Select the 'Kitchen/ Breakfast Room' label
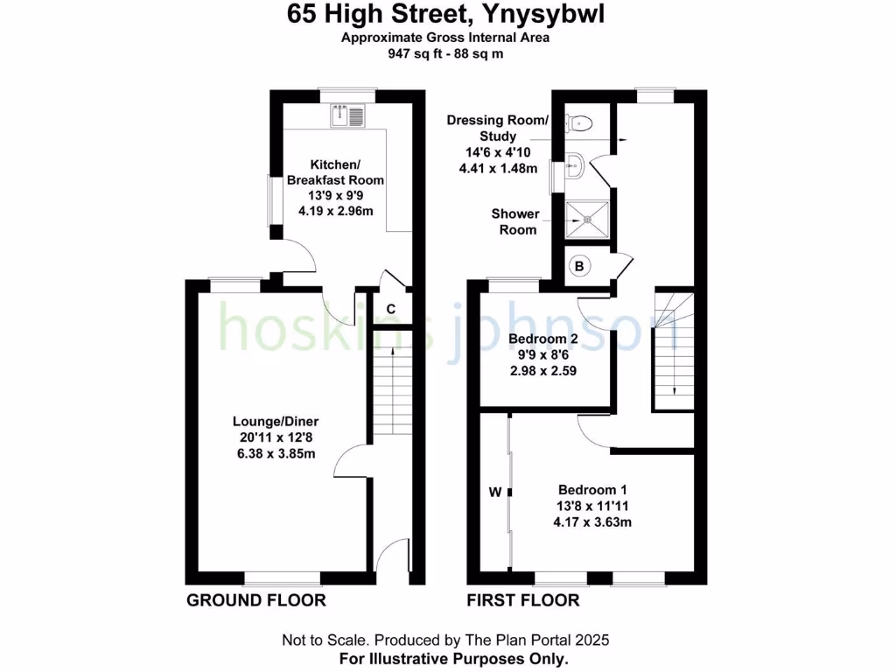click(x=335, y=172)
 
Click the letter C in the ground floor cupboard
click(x=390, y=308)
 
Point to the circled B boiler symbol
click(x=578, y=265)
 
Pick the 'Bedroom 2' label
click(x=542, y=339)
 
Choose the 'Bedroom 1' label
click(x=591, y=490)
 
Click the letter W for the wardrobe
click(x=494, y=493)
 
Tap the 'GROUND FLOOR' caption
click(x=255, y=600)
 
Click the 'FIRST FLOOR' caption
click(x=523, y=600)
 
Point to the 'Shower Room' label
click(x=514, y=221)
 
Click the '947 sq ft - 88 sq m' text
click(x=446, y=53)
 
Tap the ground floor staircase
click(x=391, y=385)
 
